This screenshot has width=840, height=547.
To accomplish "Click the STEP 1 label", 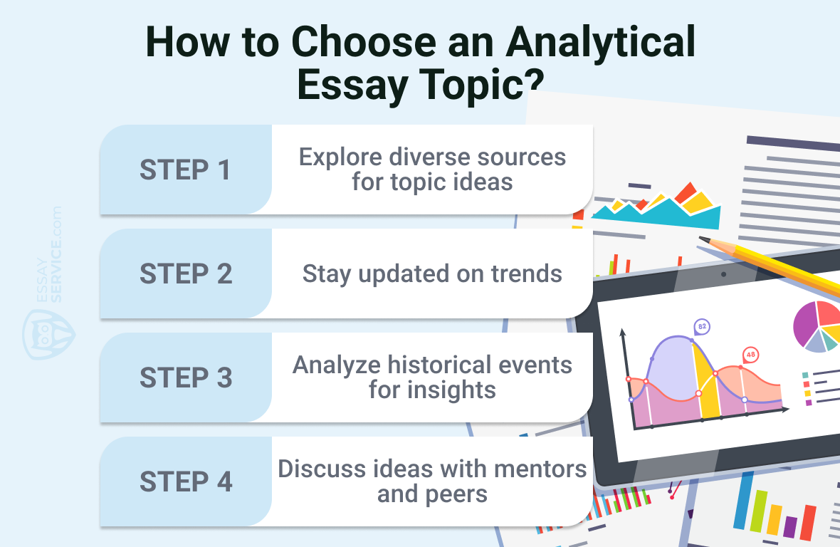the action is pyautogui.click(x=185, y=170).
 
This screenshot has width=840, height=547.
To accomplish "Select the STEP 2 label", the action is pyautogui.click(x=186, y=273).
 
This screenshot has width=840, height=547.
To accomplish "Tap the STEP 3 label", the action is pyautogui.click(x=186, y=377).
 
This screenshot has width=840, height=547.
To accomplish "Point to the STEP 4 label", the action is pyautogui.click(x=186, y=481).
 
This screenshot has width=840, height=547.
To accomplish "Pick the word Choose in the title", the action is pyautogui.click(x=364, y=42).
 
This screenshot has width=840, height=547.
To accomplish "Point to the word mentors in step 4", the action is pyautogui.click(x=540, y=469).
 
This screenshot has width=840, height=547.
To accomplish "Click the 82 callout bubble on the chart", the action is pyautogui.click(x=702, y=327).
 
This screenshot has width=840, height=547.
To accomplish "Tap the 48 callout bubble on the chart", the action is pyautogui.click(x=750, y=355).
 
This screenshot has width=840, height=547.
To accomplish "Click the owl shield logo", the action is pyautogui.click(x=48, y=335).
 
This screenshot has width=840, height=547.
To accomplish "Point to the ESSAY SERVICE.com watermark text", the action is pyautogui.click(x=49, y=254).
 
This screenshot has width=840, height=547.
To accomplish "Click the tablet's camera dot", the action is pyautogui.click(x=723, y=274).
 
